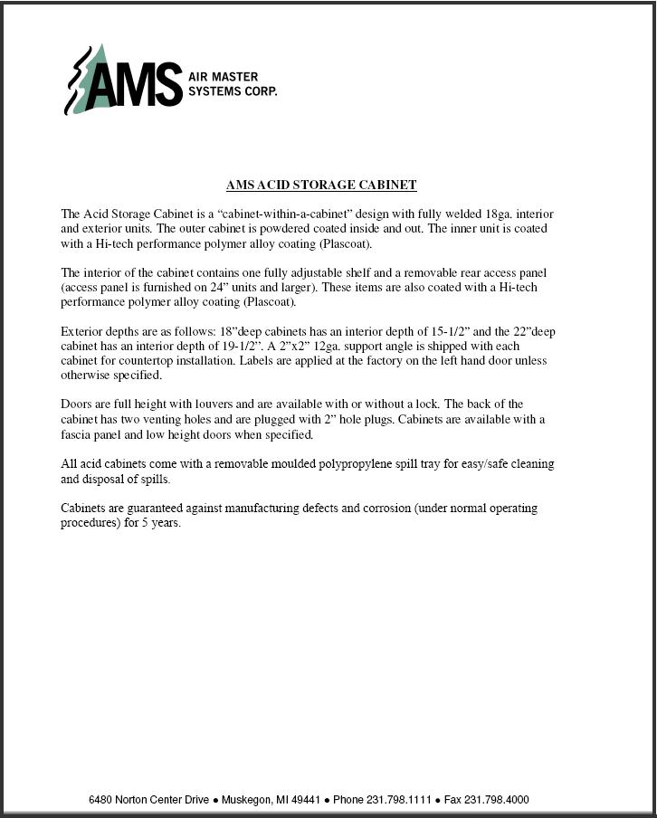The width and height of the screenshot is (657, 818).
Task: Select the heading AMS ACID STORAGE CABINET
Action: click(321, 185)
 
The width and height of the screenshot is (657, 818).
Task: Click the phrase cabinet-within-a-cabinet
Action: click(266, 214)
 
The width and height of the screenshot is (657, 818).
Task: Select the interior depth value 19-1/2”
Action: click(233, 346)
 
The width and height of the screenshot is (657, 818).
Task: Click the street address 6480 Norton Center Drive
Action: click(149, 800)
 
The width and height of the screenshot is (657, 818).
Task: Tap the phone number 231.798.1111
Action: click(396, 800)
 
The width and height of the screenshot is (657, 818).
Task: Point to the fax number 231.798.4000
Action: click(498, 800)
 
